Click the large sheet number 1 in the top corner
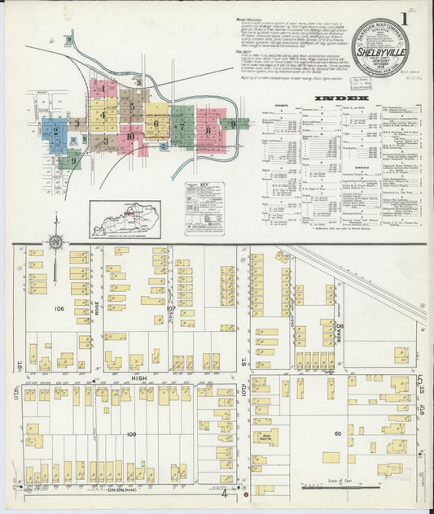[x=404, y=17]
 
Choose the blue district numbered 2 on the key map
[x=55, y=129]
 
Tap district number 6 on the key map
[x=156, y=124]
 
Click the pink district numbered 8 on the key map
[x=209, y=129]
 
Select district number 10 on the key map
[x=131, y=137]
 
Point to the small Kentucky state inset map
[x=125, y=219]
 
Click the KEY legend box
[x=204, y=207]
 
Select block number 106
[x=59, y=309]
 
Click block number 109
[x=131, y=435]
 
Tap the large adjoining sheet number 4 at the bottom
[x=223, y=493]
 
